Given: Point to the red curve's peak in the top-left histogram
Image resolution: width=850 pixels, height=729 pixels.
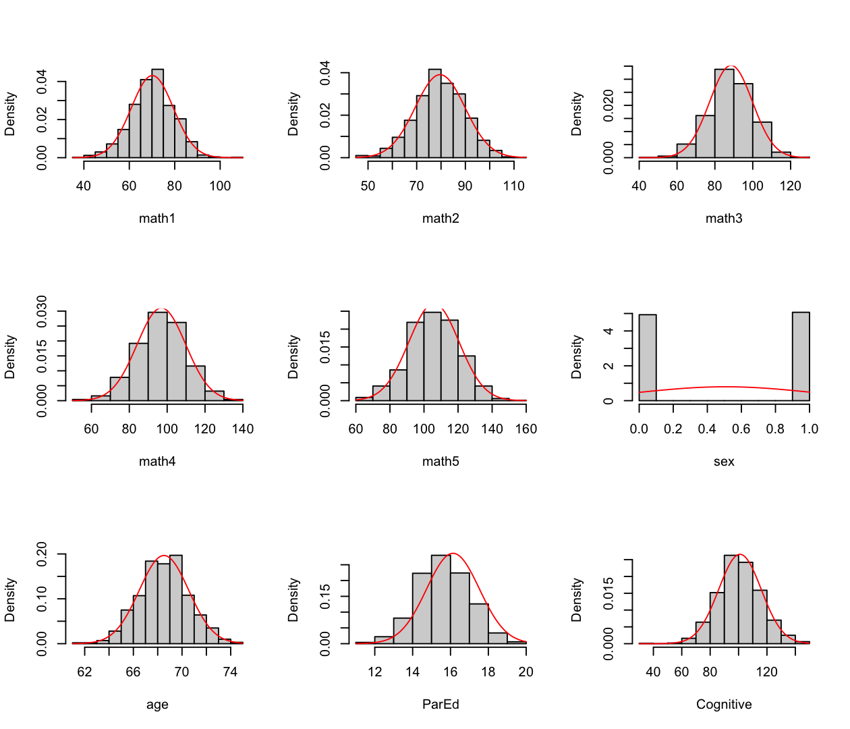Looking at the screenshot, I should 153,76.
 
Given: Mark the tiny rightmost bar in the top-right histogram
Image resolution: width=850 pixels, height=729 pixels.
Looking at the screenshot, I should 781,155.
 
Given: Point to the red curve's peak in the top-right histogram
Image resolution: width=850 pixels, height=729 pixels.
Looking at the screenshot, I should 731,66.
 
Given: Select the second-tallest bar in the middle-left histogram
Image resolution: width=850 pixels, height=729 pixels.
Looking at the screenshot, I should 176,361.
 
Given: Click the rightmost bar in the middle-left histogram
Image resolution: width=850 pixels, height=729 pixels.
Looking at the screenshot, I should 214,396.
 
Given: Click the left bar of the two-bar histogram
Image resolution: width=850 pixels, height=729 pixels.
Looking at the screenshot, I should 647,358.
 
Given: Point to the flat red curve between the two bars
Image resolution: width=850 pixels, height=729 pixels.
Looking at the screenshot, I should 724,387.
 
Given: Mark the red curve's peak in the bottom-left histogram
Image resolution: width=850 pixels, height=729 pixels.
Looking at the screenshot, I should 164,556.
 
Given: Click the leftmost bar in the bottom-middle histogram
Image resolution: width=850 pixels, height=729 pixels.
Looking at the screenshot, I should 384,640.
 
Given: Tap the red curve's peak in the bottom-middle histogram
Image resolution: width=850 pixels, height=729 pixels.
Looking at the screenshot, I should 453,553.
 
